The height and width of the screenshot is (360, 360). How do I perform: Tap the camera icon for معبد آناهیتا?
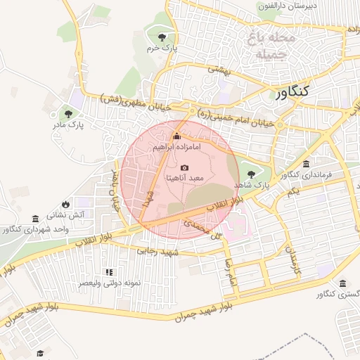[x=184, y=167]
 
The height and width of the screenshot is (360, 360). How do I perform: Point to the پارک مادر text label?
[x=68, y=125]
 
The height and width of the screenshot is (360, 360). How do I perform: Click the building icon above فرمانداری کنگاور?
[x=304, y=163]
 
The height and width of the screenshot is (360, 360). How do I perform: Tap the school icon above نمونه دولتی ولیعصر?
[x=109, y=271]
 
